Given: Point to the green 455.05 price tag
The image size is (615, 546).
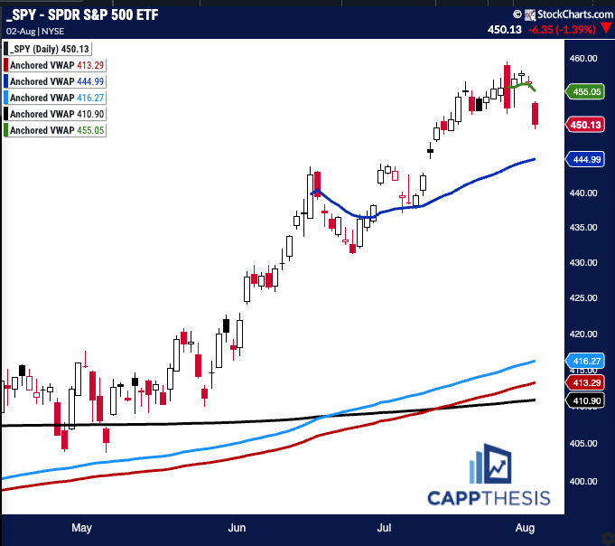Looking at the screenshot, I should pyautogui.click(x=588, y=90).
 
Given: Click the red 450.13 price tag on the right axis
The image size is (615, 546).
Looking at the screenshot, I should pyautogui.click(x=588, y=125).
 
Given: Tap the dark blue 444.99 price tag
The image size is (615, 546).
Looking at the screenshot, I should pyautogui.click(x=588, y=159).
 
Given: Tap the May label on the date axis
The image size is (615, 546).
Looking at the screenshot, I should pyautogui.click(x=81, y=526).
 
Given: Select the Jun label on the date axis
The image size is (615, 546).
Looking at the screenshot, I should pyautogui.click(x=238, y=526).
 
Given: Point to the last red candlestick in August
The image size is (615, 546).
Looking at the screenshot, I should pyautogui.click(x=536, y=115).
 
